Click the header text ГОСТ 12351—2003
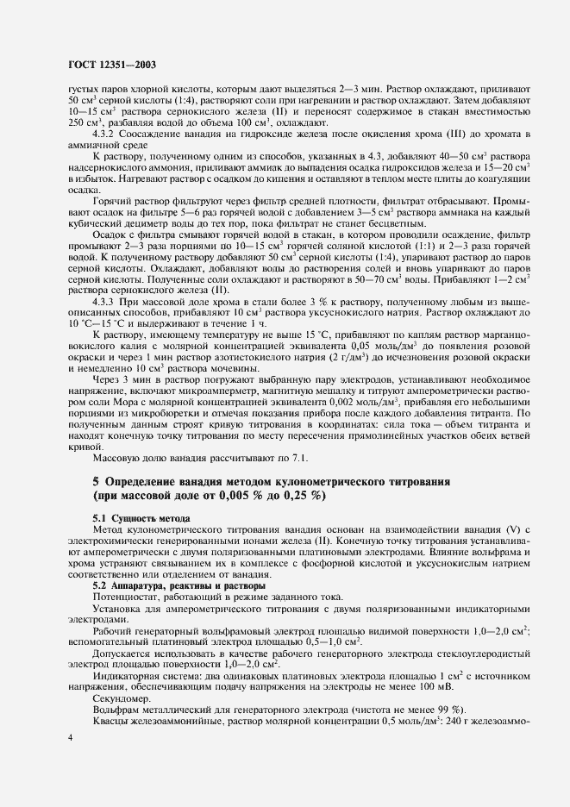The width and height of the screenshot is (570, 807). coord(111,64)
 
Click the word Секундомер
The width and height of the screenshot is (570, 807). coord(121,698)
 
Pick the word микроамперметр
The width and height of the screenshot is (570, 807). coord(222,388)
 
